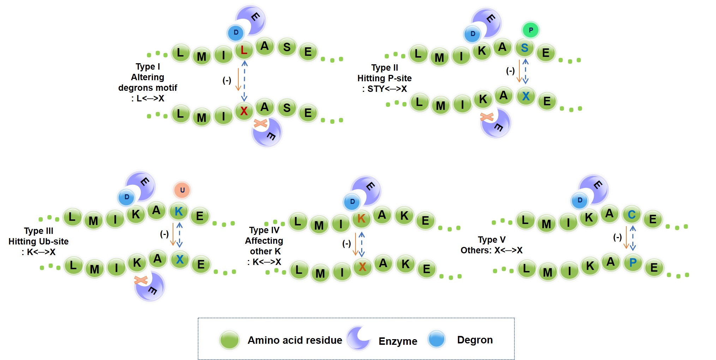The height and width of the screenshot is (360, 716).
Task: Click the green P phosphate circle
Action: [530, 30]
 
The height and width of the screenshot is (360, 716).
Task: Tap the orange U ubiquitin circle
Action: [182, 190]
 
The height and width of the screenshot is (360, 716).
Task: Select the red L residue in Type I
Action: [244, 51]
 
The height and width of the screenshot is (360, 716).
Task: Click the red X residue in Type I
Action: [244, 111]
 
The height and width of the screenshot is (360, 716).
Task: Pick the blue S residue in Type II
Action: [525, 48]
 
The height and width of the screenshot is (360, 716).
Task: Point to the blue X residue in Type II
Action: [526, 96]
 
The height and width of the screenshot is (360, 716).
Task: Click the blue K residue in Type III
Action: [179, 212]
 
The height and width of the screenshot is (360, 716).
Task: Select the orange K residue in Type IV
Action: [361, 219]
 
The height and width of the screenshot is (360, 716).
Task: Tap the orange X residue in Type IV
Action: [362, 267]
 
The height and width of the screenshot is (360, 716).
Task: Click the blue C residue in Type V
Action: [632, 214]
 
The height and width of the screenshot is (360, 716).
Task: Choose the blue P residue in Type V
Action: [633, 263]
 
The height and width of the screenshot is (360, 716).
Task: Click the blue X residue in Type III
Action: [180, 260]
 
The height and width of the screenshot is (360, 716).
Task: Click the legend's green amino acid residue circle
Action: [229, 340]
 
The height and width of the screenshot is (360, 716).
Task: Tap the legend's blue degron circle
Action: [436, 339]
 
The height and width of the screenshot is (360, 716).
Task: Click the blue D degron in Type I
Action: [236, 33]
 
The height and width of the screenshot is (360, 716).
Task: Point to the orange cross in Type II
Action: [487, 117]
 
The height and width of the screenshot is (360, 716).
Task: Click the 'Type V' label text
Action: [491, 240]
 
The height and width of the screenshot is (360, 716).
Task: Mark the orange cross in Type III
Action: [141, 281]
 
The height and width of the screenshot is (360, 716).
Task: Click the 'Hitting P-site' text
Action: [384, 78]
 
